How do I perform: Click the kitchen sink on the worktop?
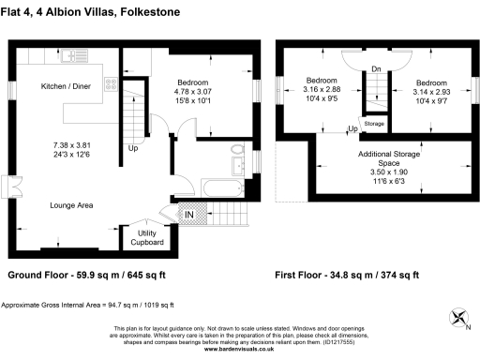click(x=72, y=58)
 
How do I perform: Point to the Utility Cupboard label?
click(x=145, y=237)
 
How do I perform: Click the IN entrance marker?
click(x=188, y=215)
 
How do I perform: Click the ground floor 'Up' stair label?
click(x=132, y=147)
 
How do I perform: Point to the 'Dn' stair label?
click(x=374, y=67)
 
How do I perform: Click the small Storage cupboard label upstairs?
click(x=373, y=123)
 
